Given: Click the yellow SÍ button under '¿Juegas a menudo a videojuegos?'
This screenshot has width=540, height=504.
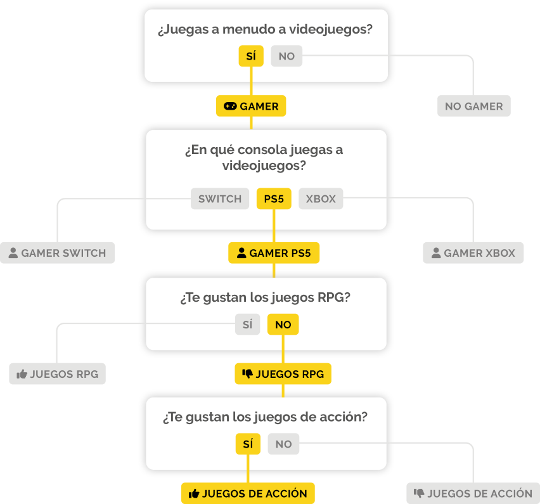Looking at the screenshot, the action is tap(251, 56).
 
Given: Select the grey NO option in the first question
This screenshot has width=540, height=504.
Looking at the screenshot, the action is tap(286, 56).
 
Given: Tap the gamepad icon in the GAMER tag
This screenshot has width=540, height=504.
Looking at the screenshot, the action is tap(230, 106).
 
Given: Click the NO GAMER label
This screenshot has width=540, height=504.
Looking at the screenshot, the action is tap(474, 106).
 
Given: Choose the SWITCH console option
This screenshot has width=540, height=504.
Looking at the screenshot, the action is tap(220, 198).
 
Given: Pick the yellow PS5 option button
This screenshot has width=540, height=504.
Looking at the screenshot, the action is tap(274, 198).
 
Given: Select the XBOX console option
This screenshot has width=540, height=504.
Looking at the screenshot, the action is tap(321, 198).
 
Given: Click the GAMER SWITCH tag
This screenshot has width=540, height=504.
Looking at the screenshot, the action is tap(57, 253).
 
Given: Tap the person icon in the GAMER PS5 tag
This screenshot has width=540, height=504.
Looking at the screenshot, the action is tap(241, 253).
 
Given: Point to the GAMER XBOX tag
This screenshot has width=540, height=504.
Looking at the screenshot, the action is tap(473, 253).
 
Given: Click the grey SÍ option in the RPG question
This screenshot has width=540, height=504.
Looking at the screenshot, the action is tap(247, 324).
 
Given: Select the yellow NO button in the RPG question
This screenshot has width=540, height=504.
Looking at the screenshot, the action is tap(283, 324).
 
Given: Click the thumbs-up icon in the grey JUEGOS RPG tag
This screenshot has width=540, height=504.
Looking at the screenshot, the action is tap(22, 374).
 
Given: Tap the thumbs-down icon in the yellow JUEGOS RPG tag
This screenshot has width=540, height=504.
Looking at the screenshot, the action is tap(247, 373).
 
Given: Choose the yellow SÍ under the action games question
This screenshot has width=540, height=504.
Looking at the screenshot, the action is tap(248, 444).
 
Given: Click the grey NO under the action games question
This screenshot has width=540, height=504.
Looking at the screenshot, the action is tap(283, 444).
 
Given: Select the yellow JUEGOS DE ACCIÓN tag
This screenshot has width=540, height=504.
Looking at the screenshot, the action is tap(248, 493).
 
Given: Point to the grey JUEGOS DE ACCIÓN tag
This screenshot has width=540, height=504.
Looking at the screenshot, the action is tap(473, 493).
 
